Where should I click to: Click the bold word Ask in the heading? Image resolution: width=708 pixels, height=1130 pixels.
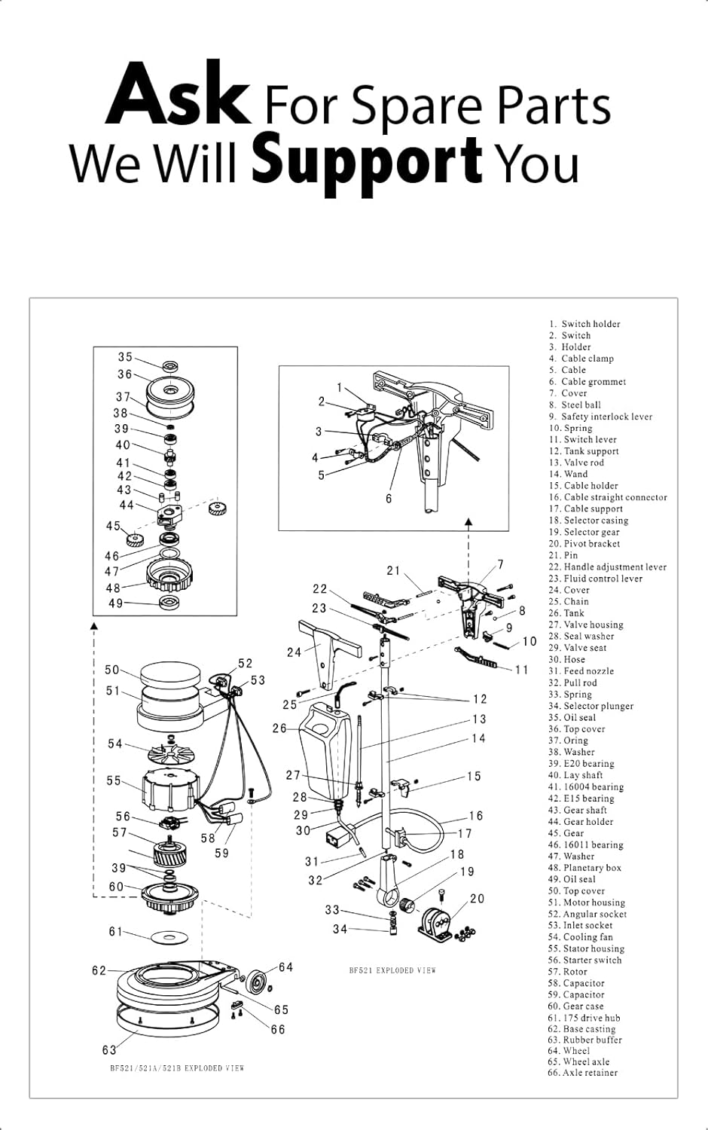coord(178,96)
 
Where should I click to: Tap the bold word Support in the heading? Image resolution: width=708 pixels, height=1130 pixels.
coord(366,160)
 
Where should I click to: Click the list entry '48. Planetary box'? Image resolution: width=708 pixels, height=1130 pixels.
coord(584,868)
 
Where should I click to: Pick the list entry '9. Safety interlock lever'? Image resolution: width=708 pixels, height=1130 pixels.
coord(600,417)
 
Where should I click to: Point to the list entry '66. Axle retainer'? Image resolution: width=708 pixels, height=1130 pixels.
coord(582,1073)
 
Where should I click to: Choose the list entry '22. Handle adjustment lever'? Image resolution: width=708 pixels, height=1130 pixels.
coord(607,567)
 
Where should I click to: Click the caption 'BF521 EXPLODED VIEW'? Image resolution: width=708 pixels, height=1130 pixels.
coord(392,970)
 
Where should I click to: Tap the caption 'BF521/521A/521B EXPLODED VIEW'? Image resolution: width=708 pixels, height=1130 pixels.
coord(177,1068)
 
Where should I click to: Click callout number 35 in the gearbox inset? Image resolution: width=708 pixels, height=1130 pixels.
coord(125,357)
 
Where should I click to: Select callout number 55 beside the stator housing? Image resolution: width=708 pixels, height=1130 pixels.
coord(113,781)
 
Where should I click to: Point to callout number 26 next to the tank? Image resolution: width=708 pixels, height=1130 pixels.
coord(279,728)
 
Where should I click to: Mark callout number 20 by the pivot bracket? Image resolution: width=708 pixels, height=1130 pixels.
coord(477,899)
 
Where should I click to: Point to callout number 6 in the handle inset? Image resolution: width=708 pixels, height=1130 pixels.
coord(389,499)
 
